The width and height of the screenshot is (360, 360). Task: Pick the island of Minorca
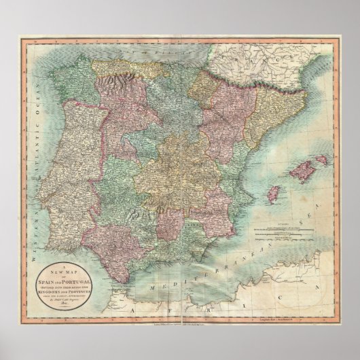click(320, 160)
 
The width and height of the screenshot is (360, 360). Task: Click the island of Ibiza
click(276, 194)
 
